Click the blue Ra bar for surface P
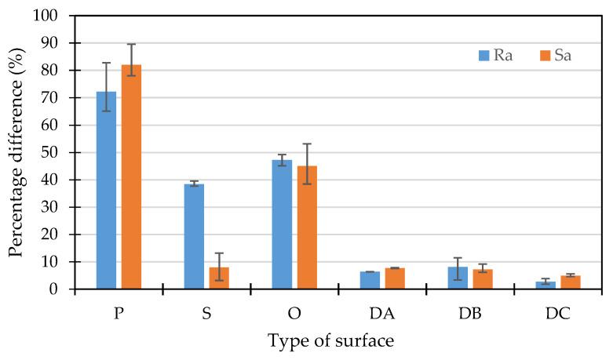tap(106, 191)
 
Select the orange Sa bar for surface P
tap(131, 177)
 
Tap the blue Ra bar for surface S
tap(194, 236)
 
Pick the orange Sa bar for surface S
tap(219, 278)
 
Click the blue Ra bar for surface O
tap(282, 224)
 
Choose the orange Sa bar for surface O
tap(307, 227)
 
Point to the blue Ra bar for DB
tap(458, 278)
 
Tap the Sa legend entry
tap(553, 56)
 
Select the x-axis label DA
tap(382, 311)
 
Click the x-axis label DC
tap(558, 311)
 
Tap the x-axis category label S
tap(206, 311)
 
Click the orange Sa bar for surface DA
tap(395, 278)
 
